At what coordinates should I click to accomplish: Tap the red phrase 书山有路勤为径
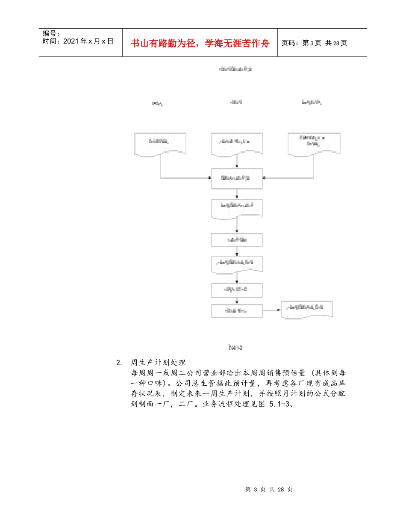[162, 43]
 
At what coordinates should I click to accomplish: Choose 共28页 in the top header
[336, 43]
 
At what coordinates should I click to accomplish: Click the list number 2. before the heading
[119, 363]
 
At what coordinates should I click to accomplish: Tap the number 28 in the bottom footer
[281, 490]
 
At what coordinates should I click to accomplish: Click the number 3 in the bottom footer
[256, 490]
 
